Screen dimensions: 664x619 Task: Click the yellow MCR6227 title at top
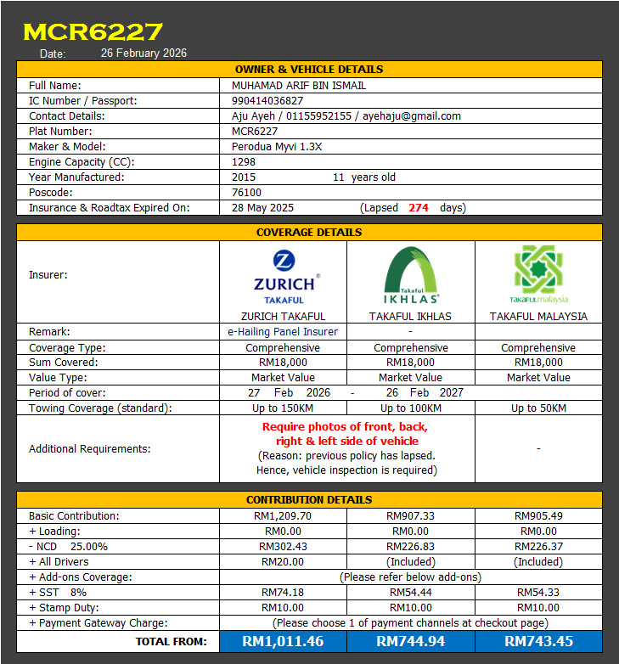(93, 32)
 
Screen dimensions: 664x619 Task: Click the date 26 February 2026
(143, 53)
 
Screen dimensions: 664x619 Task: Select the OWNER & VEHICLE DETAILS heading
(308, 69)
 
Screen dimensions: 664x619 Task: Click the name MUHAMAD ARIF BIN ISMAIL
(299, 85)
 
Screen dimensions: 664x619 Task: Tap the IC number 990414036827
(267, 100)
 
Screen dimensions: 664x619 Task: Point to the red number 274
(419, 207)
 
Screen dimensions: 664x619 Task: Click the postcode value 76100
(246, 192)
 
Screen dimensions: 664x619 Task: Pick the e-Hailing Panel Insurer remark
(283, 332)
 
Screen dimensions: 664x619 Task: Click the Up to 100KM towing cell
(410, 408)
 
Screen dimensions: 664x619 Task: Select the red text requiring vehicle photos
(346, 434)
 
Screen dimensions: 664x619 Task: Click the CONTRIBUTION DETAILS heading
(308, 499)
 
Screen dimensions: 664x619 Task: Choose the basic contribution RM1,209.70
(283, 515)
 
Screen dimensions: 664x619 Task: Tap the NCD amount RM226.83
(410, 546)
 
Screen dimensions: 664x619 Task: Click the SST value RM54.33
(538, 592)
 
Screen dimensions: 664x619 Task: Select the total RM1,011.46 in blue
(283, 641)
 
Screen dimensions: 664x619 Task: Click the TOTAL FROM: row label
(171, 641)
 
